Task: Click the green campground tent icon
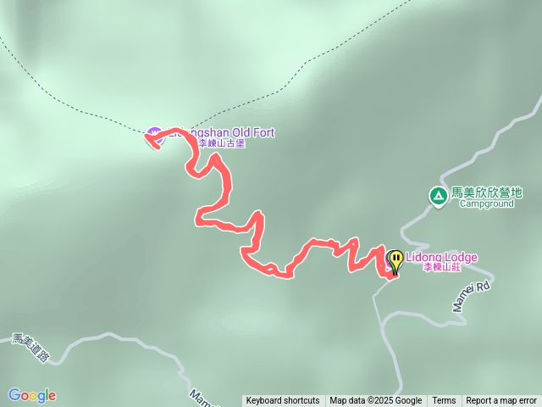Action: click(x=438, y=197)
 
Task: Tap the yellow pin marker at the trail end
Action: click(x=395, y=259)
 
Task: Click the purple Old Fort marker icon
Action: click(x=153, y=133)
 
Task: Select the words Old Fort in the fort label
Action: click(x=248, y=132)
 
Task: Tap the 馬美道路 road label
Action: click(x=30, y=347)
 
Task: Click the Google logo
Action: click(x=32, y=395)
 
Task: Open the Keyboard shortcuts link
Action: click(x=283, y=401)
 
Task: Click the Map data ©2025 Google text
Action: click(x=376, y=401)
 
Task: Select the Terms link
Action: click(x=444, y=401)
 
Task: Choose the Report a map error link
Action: click(x=501, y=401)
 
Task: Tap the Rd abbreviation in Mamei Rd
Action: click(x=482, y=287)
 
